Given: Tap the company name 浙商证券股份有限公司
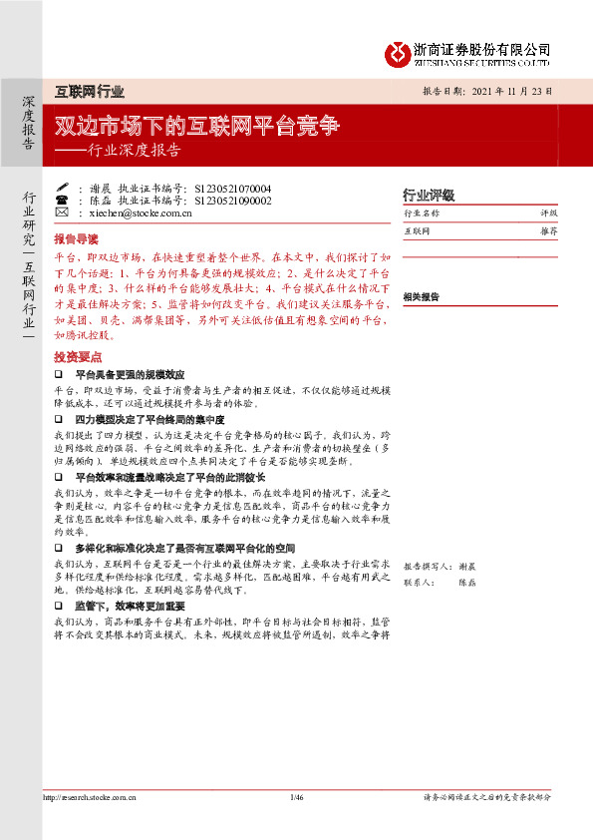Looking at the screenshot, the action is click(x=482, y=49).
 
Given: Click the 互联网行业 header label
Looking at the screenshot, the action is click(x=89, y=92).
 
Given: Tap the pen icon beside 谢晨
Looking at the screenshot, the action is click(x=62, y=188).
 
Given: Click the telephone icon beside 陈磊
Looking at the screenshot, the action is click(x=62, y=200).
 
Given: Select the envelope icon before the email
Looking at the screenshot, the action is click(x=62, y=212).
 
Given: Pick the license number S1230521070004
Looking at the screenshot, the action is click(x=233, y=188).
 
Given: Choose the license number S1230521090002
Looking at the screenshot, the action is click(x=233, y=200).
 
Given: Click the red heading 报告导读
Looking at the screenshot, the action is click(x=77, y=239).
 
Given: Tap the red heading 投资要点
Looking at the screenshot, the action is click(x=77, y=356).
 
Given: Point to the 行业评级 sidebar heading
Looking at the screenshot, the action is click(x=428, y=195).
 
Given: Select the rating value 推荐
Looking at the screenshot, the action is click(x=548, y=230).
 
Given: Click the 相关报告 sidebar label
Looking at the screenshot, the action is click(x=422, y=296).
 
